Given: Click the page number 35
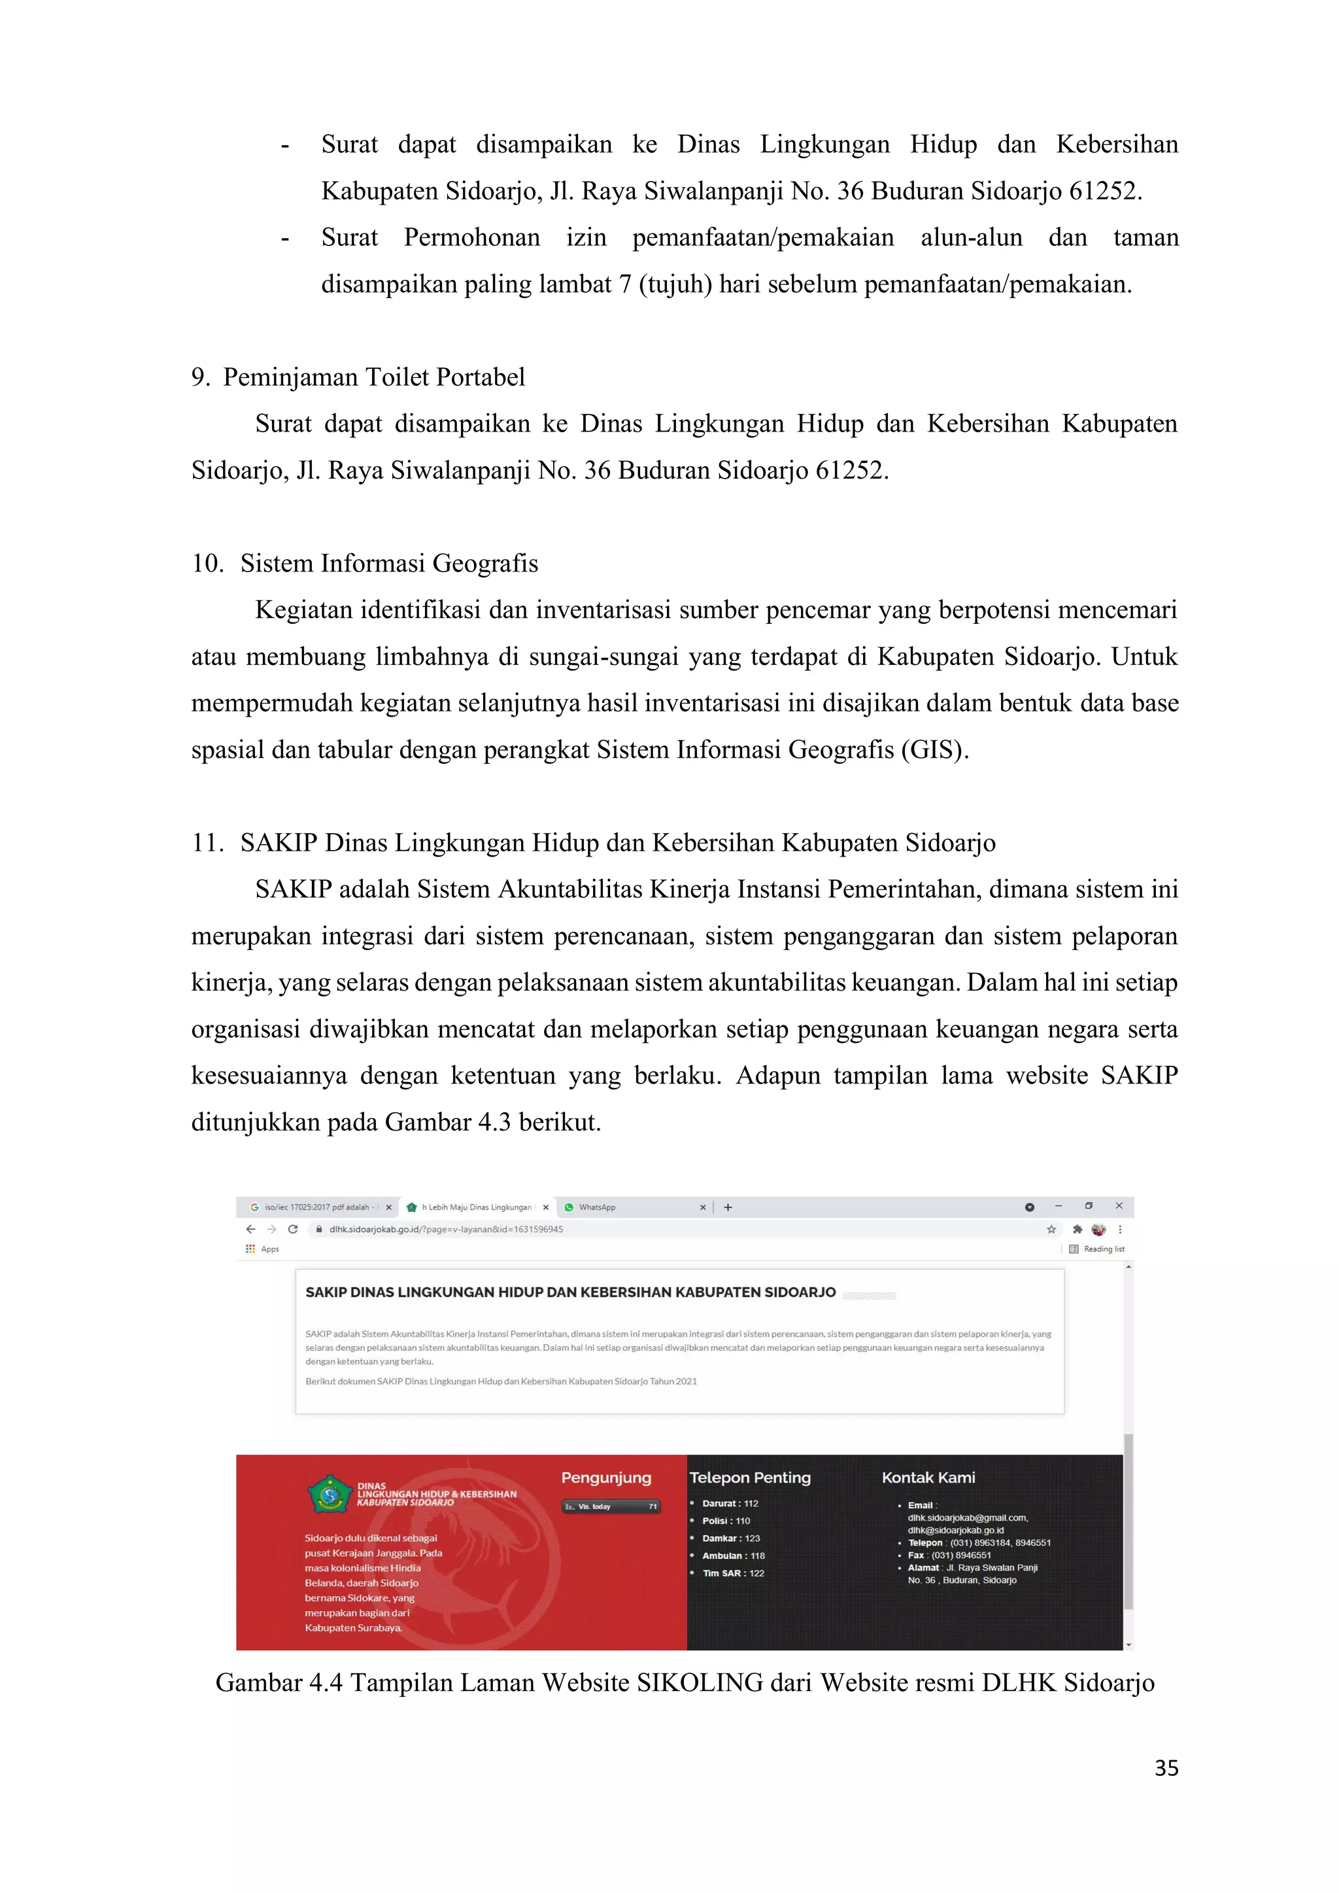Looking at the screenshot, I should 1166,1767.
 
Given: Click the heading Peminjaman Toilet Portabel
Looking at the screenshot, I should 373,377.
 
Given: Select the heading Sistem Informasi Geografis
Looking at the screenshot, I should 389,564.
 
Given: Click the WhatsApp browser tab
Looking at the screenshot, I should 597,1207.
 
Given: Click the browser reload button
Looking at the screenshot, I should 293,1229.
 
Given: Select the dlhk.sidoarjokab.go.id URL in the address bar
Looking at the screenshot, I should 445,1229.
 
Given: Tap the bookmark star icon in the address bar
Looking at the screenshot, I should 1051,1229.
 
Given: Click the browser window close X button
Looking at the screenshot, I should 1119,1206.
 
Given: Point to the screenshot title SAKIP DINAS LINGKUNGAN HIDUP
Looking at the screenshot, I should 571,1293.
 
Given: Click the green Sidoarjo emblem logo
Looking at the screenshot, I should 330,1494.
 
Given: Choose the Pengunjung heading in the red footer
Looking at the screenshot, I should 606,1478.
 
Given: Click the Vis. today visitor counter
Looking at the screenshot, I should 611,1507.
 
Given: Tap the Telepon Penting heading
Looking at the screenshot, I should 751,1478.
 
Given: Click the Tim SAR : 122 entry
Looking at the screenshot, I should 733,1573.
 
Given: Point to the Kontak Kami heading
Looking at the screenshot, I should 928,1478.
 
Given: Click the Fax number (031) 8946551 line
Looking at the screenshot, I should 950,1556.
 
